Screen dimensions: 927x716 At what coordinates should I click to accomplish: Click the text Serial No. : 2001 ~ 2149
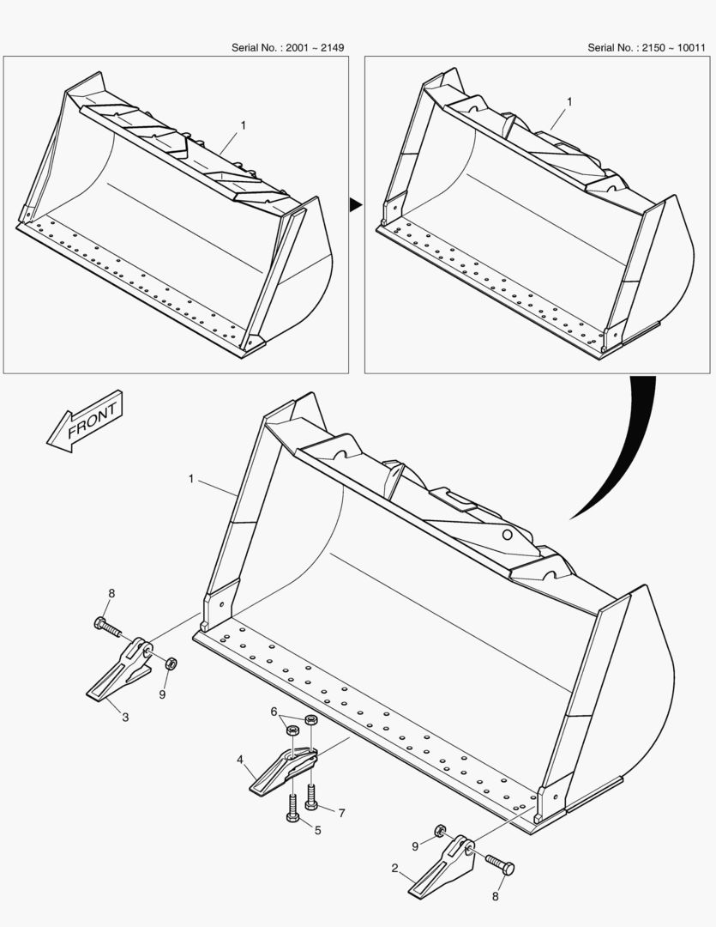(287, 47)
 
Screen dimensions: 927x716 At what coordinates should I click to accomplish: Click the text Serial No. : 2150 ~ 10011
(646, 47)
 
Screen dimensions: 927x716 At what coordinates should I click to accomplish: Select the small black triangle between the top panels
(354, 204)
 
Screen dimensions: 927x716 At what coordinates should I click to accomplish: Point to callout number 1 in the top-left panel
(243, 125)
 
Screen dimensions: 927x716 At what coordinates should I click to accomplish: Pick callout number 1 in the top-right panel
(570, 101)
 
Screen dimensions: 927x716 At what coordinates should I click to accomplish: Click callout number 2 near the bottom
(395, 868)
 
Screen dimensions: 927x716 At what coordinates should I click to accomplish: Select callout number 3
(125, 716)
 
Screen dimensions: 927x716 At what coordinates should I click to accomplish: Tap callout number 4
(241, 759)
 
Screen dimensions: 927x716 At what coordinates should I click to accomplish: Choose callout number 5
(317, 830)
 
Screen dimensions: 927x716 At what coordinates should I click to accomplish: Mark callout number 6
(274, 712)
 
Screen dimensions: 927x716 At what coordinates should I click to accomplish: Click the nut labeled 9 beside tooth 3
(170, 663)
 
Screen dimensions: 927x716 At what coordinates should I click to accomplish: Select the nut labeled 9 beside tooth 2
(438, 830)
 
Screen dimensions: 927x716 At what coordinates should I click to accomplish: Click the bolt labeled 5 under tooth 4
(292, 808)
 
